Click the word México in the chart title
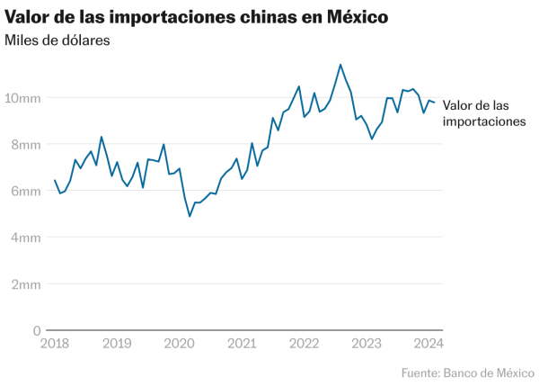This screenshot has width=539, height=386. tap(353, 16)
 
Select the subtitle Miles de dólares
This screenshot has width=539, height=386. tap(57, 41)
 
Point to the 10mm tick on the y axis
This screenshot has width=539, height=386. tap(25, 97)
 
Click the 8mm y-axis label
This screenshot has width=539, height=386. tap(25, 144)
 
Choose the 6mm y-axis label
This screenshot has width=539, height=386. tap(25, 191)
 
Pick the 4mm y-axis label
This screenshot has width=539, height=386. tap(25, 238)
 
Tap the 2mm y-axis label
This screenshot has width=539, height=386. tap(25, 284)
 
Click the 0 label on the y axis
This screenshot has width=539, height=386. tap(35, 330)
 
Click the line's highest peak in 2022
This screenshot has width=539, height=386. tap(340, 65)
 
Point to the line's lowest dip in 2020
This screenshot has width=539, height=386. tap(190, 216)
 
